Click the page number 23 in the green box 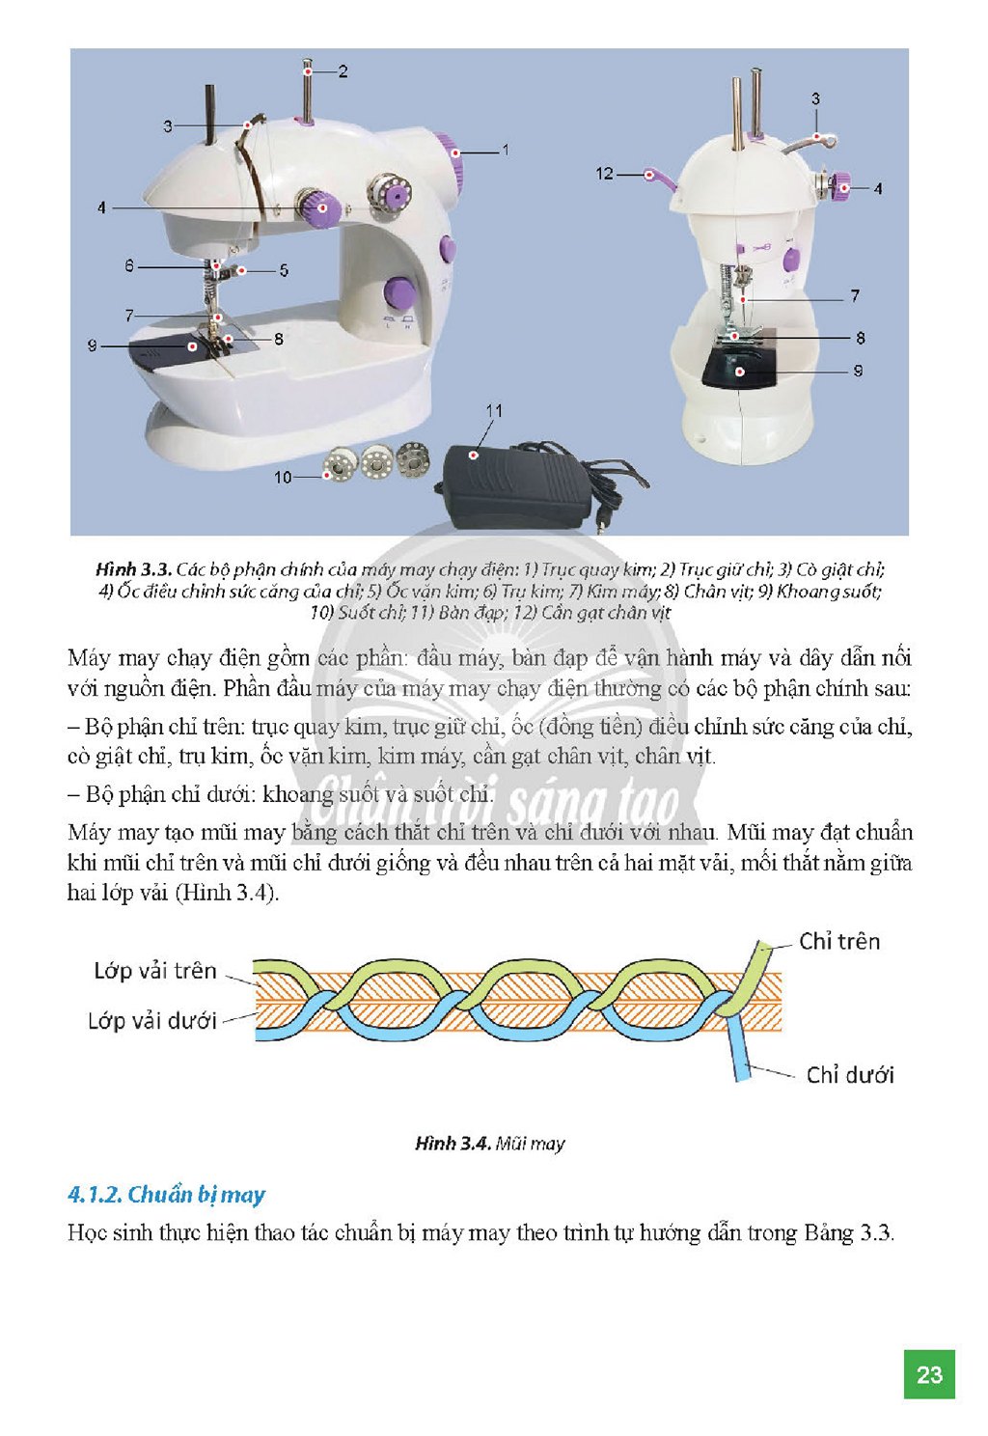(928, 1374)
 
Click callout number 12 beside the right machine (604, 174)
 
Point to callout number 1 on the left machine (506, 151)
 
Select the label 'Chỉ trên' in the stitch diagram (839, 941)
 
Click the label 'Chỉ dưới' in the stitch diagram (849, 1074)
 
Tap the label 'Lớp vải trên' (155, 971)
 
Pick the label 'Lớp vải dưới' (152, 1021)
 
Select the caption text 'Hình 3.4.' (453, 1143)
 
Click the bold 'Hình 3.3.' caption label (133, 569)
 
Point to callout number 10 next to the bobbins (283, 478)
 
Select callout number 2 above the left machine (343, 71)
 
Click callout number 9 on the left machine (93, 346)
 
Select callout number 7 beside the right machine (855, 296)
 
